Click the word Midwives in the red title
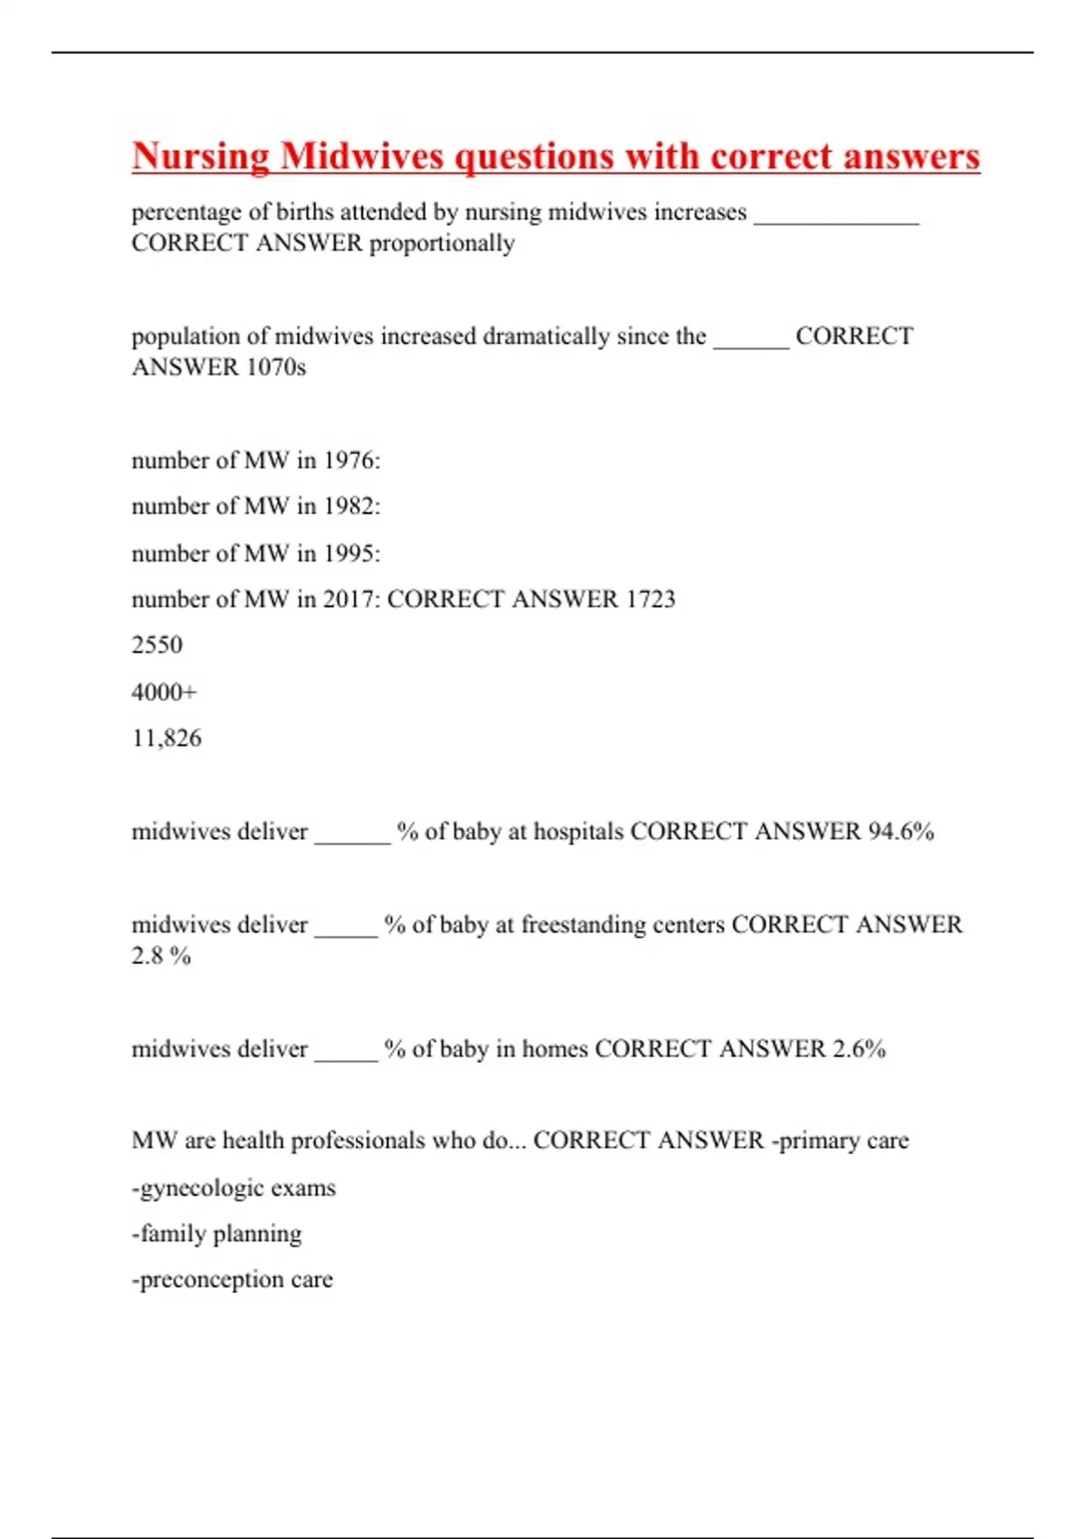pyautogui.click(x=362, y=156)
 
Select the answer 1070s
pyautogui.click(x=276, y=368)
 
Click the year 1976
pyautogui.click(x=351, y=461)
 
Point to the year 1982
pyautogui.click(x=351, y=506)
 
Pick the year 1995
pyautogui.click(x=351, y=553)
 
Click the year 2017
pyautogui.click(x=351, y=599)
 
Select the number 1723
pyautogui.click(x=650, y=599)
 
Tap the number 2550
pyautogui.click(x=157, y=645)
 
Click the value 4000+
pyautogui.click(x=164, y=693)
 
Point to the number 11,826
pyautogui.click(x=167, y=739)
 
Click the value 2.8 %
pyautogui.click(x=161, y=956)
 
